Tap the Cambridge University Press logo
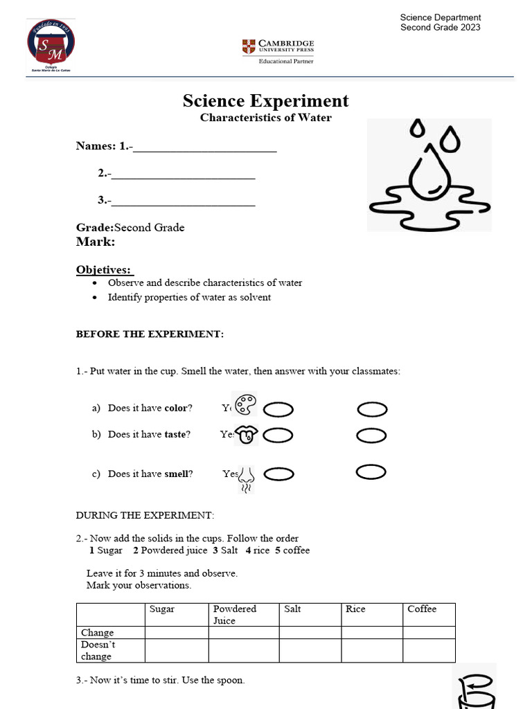tap(278, 50)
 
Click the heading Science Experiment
tap(266, 101)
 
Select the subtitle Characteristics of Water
tap(266, 118)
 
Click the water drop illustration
tap(429, 176)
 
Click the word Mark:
tap(96, 242)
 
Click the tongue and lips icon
tap(246, 434)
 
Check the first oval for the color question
tap(278, 411)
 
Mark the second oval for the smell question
tap(371, 472)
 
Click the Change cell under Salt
tap(311, 632)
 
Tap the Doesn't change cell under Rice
tap(372, 650)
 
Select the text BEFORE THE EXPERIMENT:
tap(150, 334)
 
